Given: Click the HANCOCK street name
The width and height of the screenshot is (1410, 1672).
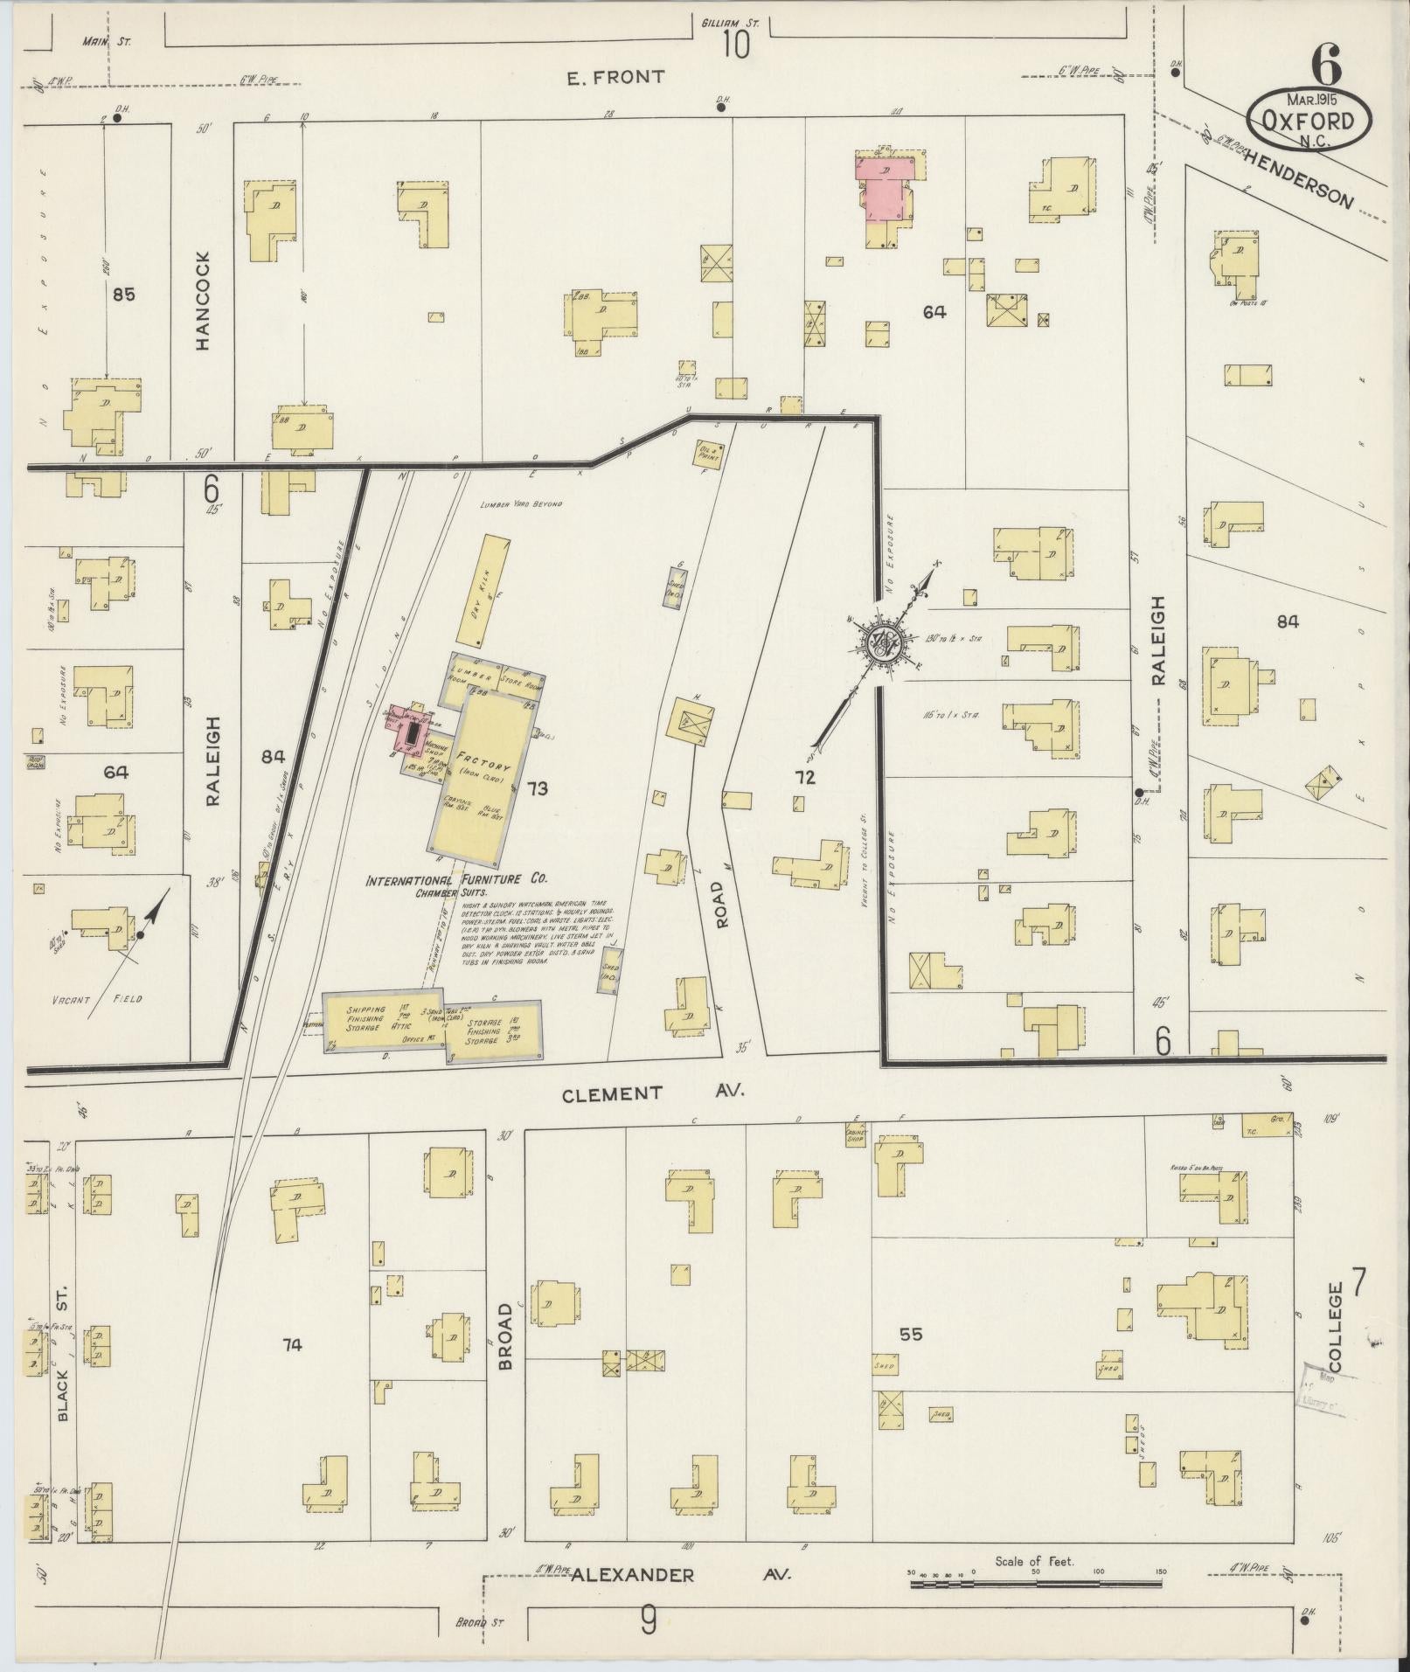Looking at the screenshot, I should (x=204, y=302).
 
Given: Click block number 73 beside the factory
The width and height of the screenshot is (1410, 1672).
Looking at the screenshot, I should (x=537, y=789).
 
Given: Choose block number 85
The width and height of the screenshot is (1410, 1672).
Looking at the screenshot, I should (x=123, y=295).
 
